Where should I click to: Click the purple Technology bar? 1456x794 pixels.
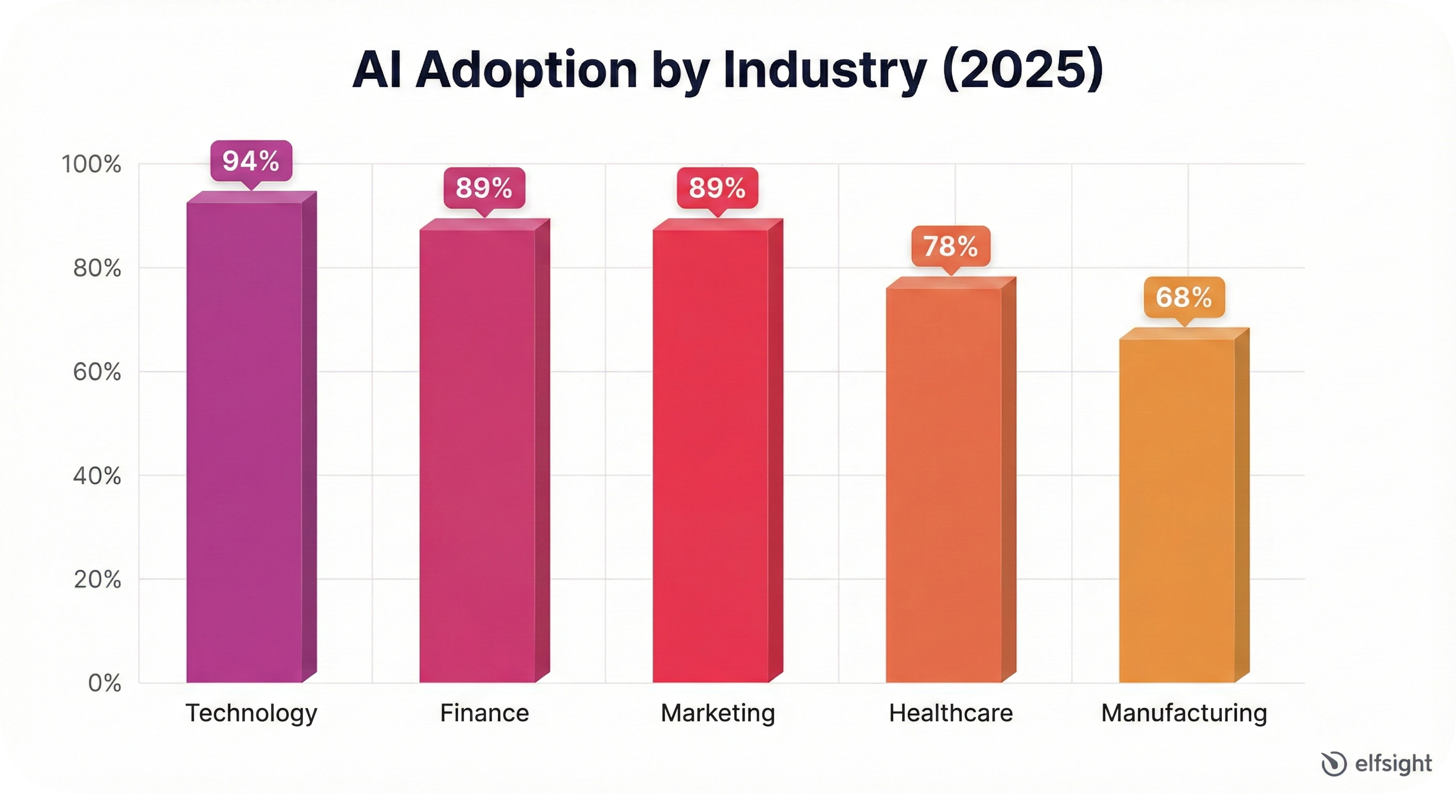pyautogui.click(x=244, y=441)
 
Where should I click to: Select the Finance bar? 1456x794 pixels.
pyautogui.click(x=478, y=455)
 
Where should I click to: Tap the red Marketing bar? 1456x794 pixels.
pyautogui.click(x=710, y=455)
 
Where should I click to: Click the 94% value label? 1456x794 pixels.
pyautogui.click(x=251, y=161)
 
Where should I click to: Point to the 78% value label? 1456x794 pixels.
pyautogui.click(x=951, y=247)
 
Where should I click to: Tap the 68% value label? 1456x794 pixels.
pyautogui.click(x=1184, y=297)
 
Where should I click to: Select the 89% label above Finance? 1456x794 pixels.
pyautogui.click(x=484, y=188)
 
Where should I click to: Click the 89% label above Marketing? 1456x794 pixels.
pyautogui.click(x=717, y=188)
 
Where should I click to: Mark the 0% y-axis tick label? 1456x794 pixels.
pyautogui.click(x=104, y=683)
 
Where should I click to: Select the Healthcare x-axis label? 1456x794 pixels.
pyautogui.click(x=951, y=713)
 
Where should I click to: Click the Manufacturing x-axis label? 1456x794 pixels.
pyautogui.click(x=1184, y=713)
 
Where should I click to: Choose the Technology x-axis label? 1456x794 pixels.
pyautogui.click(x=251, y=714)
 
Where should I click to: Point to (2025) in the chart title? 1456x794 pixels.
pyautogui.click(x=1023, y=71)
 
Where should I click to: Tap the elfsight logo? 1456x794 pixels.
pyautogui.click(x=1377, y=764)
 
